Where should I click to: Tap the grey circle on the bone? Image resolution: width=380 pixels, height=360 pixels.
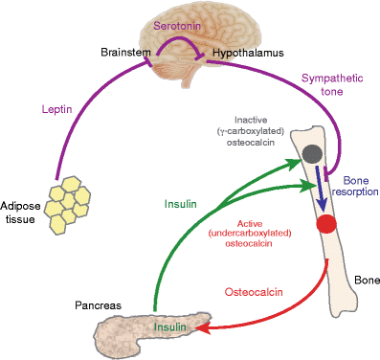311,152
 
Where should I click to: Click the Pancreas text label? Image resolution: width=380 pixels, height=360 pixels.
99,306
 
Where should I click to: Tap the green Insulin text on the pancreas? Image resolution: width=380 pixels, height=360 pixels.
172,328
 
